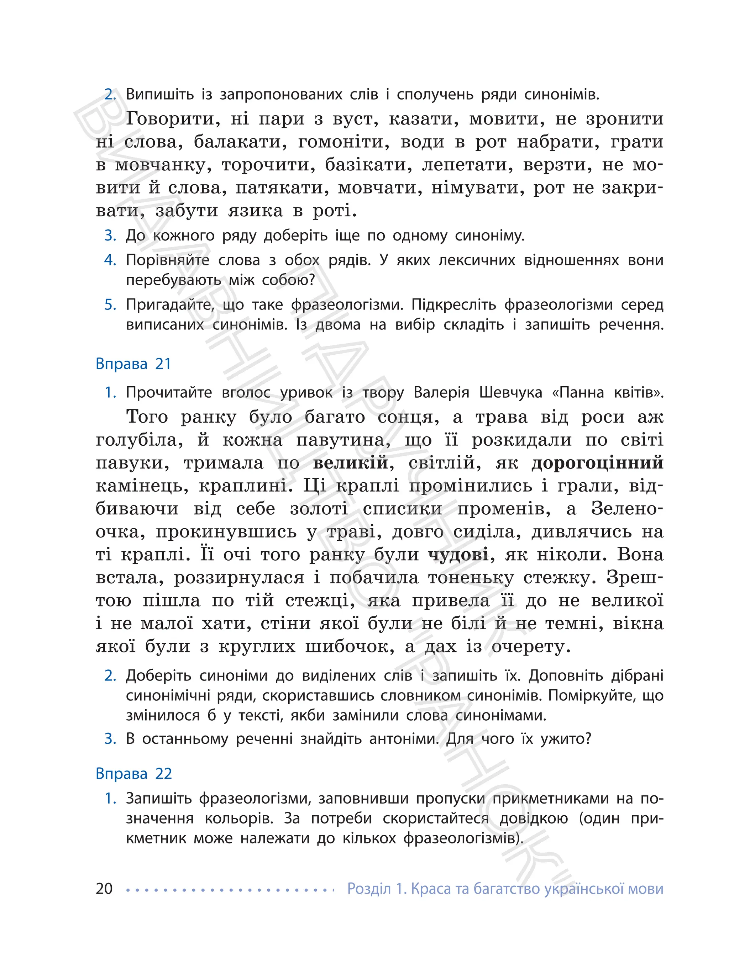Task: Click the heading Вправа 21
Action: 133,364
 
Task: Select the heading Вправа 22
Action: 133,774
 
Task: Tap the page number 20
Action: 104,889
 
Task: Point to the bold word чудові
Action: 458,555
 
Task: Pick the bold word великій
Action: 350,463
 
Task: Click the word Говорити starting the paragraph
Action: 172,118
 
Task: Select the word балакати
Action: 240,142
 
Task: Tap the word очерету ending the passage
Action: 530,647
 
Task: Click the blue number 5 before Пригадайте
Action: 110,305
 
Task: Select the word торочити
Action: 268,165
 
